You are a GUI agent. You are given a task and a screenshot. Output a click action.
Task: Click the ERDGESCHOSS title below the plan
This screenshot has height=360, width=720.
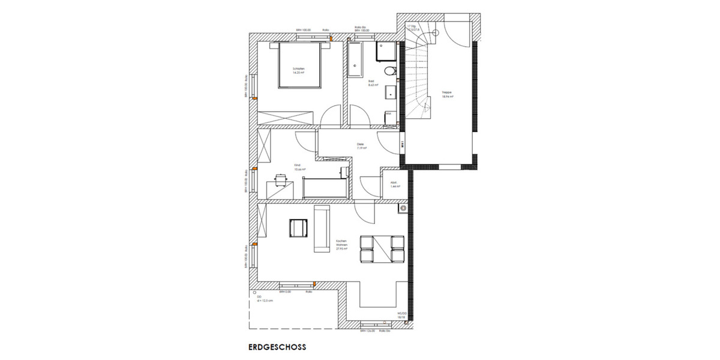click(x=277, y=347)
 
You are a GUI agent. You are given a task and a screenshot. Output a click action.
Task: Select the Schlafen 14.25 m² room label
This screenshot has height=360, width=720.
click(x=298, y=71)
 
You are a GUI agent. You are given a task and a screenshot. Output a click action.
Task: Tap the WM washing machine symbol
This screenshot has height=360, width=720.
click(x=389, y=113)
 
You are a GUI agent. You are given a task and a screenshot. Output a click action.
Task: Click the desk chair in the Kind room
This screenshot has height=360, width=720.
click(x=281, y=179)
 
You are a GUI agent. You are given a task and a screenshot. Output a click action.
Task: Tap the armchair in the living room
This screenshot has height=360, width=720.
click(x=298, y=229)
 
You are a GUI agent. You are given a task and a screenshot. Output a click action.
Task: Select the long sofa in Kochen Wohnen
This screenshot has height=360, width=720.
click(x=322, y=230)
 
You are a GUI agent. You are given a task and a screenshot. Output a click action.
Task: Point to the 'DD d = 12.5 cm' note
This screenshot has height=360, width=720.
click(x=265, y=299)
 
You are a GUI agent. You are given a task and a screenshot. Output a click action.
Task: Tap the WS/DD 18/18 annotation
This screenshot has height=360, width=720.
click(x=403, y=314)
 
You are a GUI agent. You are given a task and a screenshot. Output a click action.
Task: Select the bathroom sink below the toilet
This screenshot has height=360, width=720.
click(x=391, y=92)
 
